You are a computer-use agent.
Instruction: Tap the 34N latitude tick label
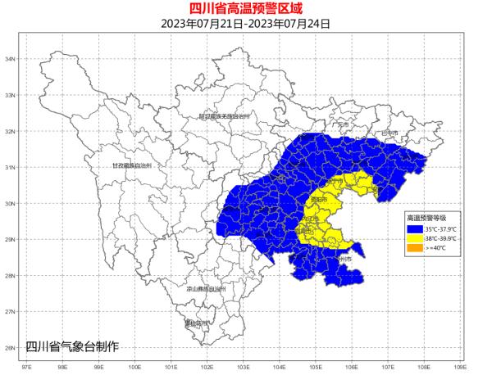[11, 60]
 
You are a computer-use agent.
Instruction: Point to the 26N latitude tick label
[11, 348]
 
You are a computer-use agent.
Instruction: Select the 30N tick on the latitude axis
[11, 204]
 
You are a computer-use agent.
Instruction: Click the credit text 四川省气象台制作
[72, 346]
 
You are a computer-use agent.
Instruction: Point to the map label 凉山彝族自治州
[206, 289]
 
